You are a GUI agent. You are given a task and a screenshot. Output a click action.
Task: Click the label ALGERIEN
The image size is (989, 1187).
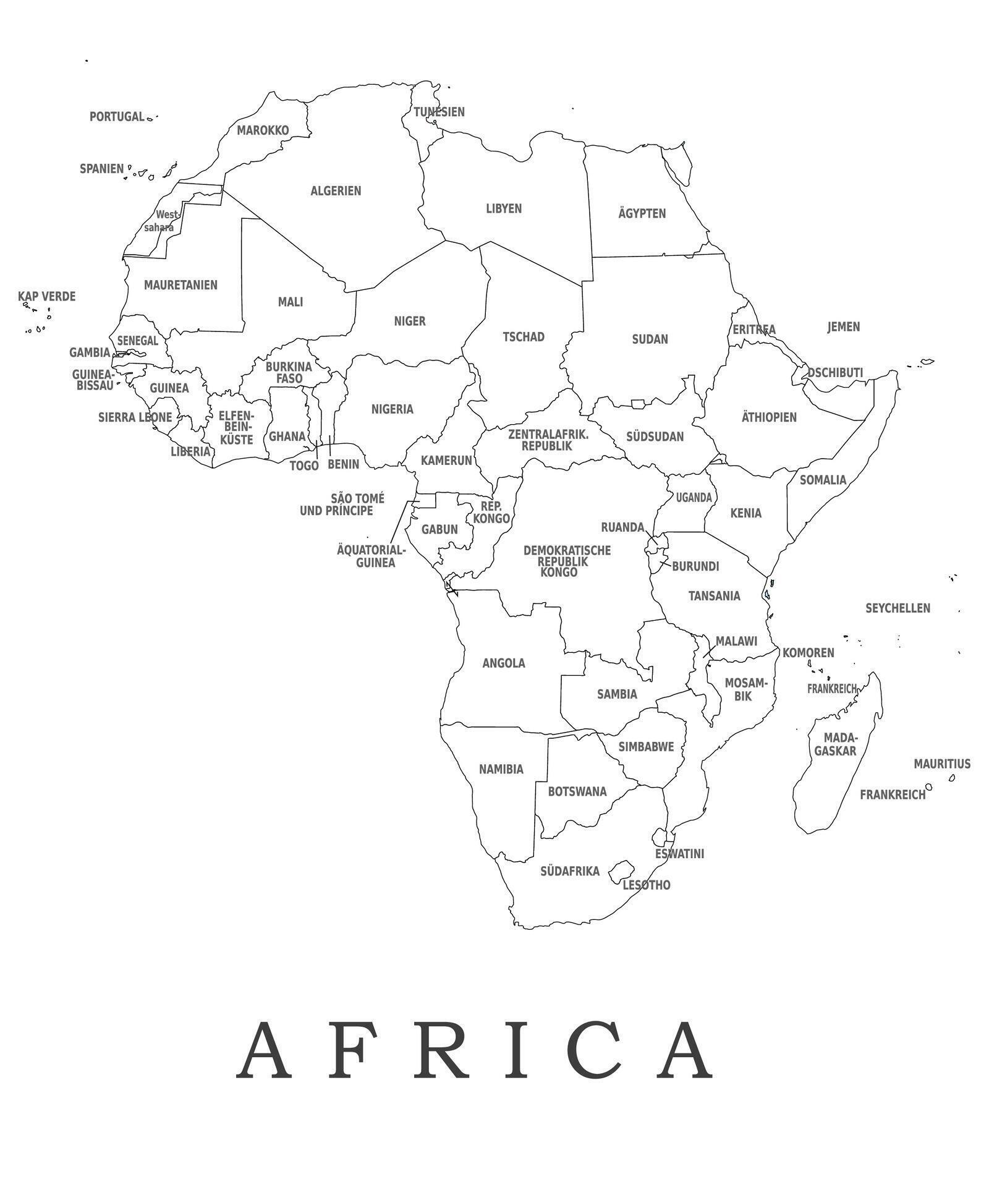tap(336, 191)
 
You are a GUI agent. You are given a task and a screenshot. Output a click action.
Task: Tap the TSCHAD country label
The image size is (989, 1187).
tap(523, 337)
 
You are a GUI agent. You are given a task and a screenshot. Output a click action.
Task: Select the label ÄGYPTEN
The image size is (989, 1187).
tap(642, 214)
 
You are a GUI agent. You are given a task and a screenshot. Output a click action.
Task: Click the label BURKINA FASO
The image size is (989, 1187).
tap(289, 373)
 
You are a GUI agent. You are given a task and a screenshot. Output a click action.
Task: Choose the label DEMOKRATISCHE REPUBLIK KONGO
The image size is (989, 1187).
tap(566, 561)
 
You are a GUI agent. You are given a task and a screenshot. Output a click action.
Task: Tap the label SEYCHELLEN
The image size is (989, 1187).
tap(897, 608)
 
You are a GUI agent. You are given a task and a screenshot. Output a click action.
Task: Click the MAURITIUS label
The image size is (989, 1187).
tap(941, 764)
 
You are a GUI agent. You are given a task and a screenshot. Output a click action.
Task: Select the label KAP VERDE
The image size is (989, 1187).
tap(46, 297)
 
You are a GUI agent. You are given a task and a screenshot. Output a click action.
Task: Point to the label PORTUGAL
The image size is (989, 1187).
tap(116, 117)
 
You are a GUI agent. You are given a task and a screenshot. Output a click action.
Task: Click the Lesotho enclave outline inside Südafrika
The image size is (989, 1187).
tap(621, 871)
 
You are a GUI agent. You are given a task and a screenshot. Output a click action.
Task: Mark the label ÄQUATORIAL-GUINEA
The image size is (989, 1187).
tap(371, 556)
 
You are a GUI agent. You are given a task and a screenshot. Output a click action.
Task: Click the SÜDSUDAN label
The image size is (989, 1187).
tap(655, 437)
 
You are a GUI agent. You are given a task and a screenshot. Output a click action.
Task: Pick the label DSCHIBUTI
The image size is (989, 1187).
tap(834, 373)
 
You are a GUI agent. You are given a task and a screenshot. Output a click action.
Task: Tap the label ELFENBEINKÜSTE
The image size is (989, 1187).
tap(236, 428)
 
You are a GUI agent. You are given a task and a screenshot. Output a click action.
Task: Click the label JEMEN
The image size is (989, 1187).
tap(843, 327)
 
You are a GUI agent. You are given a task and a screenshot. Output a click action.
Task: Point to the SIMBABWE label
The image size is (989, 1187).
tap(645, 747)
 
